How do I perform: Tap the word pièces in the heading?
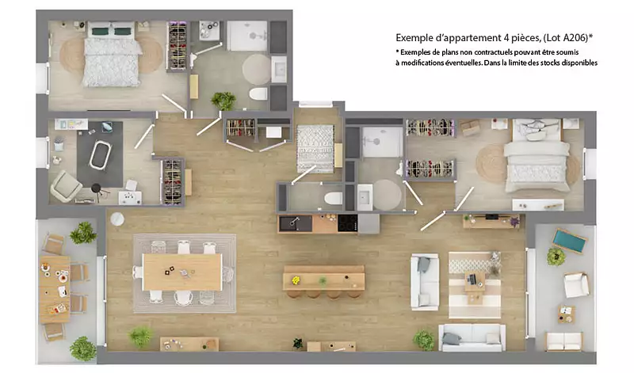click(525, 38)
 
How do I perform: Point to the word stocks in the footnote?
click(550, 63)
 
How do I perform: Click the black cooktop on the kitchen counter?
click(348, 223)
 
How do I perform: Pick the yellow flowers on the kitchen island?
click(296, 280)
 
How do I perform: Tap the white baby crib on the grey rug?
click(100, 154)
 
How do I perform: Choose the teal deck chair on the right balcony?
click(569, 241)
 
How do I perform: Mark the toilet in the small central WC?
click(333, 198)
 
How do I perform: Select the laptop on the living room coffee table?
click(472, 279)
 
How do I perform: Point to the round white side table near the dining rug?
click(117, 219)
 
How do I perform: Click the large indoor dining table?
click(182, 272)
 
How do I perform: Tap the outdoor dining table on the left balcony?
click(55, 289)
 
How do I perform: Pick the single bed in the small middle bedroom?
click(315, 148)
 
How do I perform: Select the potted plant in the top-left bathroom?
click(223, 101)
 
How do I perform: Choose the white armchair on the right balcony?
click(576, 284)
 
